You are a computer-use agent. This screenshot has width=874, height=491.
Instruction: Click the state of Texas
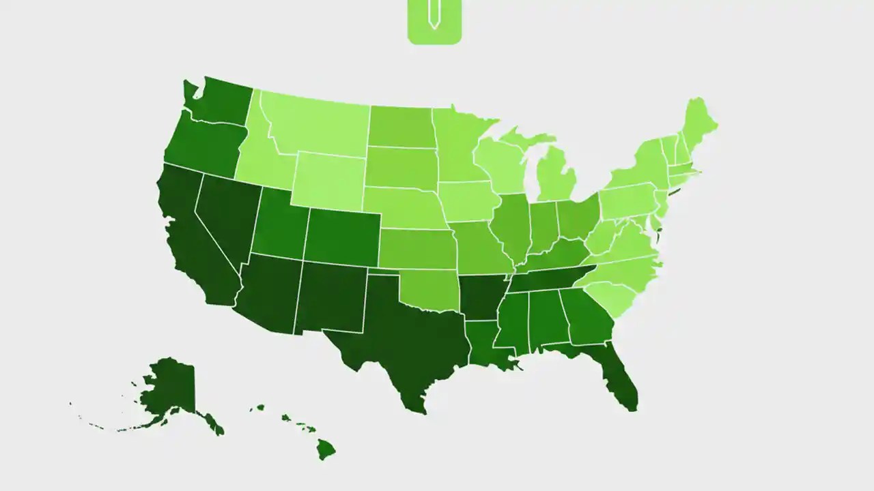403,334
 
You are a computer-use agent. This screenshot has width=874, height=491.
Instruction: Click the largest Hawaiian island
325,448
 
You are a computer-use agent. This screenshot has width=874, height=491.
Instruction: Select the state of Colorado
341,235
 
